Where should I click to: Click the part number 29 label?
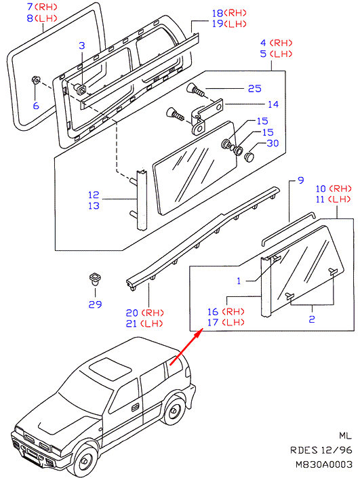[x=95, y=304]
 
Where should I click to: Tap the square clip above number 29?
[x=94, y=279]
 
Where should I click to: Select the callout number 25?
[x=255, y=88]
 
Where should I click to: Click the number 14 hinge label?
[x=273, y=104]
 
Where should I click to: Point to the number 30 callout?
[x=273, y=143]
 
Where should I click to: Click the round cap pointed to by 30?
[x=249, y=157]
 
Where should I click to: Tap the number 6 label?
[x=36, y=106]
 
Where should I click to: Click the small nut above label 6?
[x=35, y=80]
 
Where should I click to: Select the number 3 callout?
[x=81, y=45]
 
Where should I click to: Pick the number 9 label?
[x=301, y=180]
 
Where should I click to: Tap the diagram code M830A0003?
[x=324, y=464]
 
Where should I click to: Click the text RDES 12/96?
[x=321, y=450]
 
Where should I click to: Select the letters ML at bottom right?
[x=345, y=436]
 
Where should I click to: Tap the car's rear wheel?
[x=174, y=410]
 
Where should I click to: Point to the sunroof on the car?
[x=111, y=369]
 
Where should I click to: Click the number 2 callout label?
[x=312, y=319]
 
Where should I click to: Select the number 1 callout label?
[x=239, y=281]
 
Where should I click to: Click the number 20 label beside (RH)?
[x=132, y=313]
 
